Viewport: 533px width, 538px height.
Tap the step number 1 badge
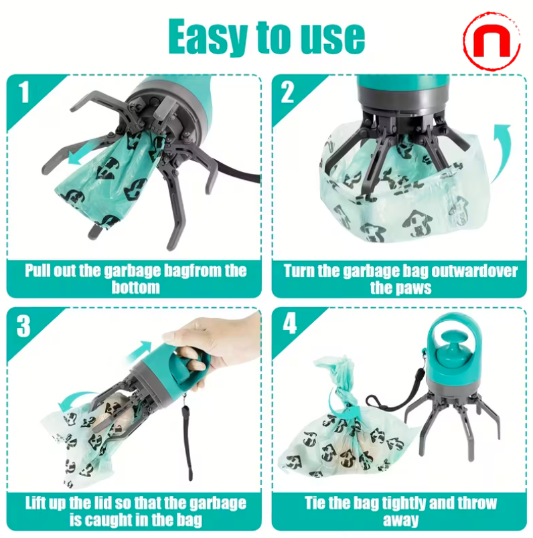(24, 92)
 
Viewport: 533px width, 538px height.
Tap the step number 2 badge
(287, 92)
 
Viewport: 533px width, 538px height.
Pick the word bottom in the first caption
(135, 288)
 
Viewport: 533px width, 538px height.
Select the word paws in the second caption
(414, 288)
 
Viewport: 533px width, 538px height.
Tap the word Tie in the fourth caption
(317, 503)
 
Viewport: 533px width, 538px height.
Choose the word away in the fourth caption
(400, 519)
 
